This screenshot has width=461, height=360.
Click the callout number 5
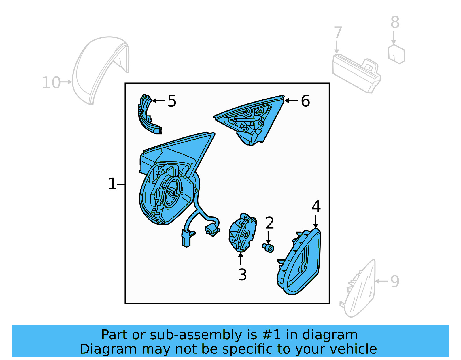pos(172,101)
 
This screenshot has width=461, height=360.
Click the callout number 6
pos(305,101)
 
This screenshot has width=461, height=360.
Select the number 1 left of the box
pos(112,184)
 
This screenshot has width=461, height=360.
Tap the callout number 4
pos(316,207)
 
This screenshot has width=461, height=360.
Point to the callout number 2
pos(269,223)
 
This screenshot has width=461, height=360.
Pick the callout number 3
pos(242,275)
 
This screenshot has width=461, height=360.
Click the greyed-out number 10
pos(51,83)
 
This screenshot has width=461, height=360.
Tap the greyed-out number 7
pos(338,33)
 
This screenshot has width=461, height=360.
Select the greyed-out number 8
pos(395,22)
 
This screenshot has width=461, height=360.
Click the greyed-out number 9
pos(395,281)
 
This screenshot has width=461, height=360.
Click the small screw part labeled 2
pos(269,248)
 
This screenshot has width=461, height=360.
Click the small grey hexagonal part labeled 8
pos(396,54)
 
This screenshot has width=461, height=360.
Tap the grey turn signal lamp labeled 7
pos(356,73)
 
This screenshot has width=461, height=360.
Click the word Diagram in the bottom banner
pos(98,349)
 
